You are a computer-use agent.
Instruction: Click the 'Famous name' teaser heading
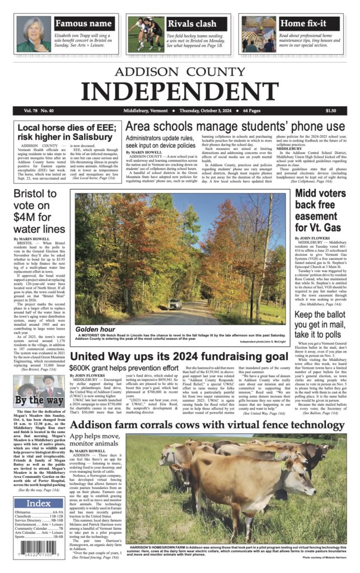coord(83,24)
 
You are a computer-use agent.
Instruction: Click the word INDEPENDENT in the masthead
coord(180,90)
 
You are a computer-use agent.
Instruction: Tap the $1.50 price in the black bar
coord(330,111)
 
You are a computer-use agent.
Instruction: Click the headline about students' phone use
coord(235,126)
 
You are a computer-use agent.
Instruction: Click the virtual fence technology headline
coord(208,426)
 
